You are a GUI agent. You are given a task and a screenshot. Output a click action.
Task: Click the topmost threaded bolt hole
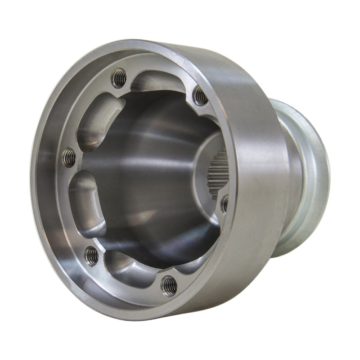pos(119,78)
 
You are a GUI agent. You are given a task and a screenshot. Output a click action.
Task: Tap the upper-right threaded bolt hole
pos(200,96)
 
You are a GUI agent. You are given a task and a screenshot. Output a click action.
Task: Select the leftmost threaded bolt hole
pos(69,157)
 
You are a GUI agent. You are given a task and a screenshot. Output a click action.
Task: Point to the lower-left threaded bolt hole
pos(91,255)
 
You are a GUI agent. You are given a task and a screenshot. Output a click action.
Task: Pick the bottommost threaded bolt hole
pos(169,284)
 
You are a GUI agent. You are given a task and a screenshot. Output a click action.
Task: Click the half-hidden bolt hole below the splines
pos(224,203)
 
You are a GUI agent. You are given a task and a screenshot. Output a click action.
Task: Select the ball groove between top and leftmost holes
pos(97,119)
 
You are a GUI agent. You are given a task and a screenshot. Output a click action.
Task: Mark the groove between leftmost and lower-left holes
pos(83,205)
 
